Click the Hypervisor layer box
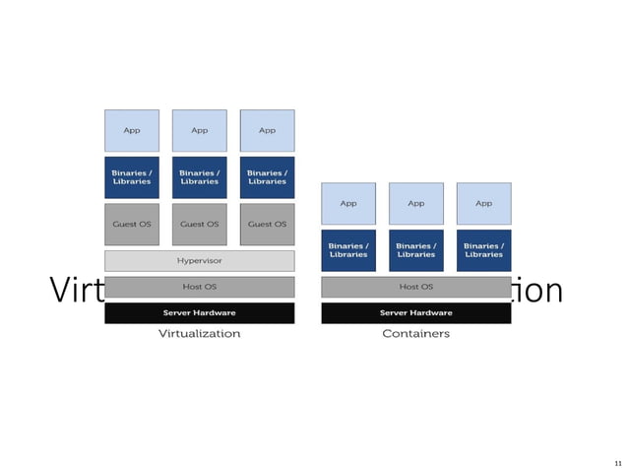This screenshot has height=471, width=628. (x=199, y=261)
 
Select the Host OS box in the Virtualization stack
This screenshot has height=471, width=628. (x=199, y=287)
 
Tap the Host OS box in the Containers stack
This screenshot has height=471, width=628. (x=415, y=287)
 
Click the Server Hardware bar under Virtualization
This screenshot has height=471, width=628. (x=199, y=313)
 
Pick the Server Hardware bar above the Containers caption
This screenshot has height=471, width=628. (x=415, y=313)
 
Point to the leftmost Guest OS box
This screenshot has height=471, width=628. (x=132, y=225)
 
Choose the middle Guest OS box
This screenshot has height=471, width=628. (x=199, y=225)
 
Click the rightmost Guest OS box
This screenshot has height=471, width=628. (x=267, y=225)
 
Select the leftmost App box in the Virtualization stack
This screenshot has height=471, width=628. (x=132, y=130)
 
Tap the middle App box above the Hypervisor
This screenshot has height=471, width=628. (x=199, y=130)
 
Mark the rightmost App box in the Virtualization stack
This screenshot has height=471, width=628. (x=267, y=130)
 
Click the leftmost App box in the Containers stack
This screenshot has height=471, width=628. (x=348, y=204)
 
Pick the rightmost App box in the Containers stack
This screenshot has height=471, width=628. (x=483, y=204)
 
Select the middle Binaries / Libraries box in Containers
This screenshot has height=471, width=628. (x=415, y=250)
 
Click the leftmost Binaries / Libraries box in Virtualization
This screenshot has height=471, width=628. (x=132, y=177)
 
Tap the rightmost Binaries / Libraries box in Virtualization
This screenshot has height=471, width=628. (x=267, y=177)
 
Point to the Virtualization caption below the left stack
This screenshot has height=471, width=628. (x=199, y=334)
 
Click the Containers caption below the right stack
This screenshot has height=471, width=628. (x=415, y=334)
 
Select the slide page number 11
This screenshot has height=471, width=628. (x=617, y=462)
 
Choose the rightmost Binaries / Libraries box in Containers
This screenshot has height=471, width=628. (x=483, y=250)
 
